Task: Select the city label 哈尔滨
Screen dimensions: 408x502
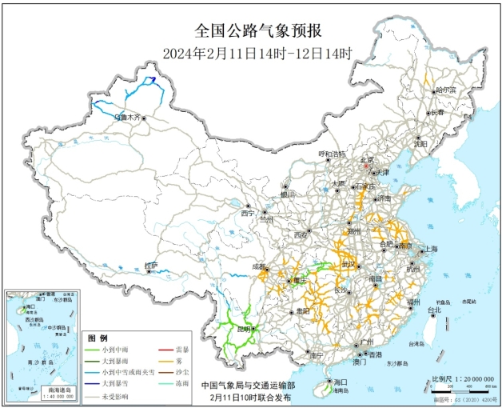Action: [445, 90]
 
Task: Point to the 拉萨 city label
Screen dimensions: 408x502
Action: [152, 265]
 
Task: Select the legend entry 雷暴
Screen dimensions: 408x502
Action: [181, 350]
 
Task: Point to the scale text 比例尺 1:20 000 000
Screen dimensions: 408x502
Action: [458, 378]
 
